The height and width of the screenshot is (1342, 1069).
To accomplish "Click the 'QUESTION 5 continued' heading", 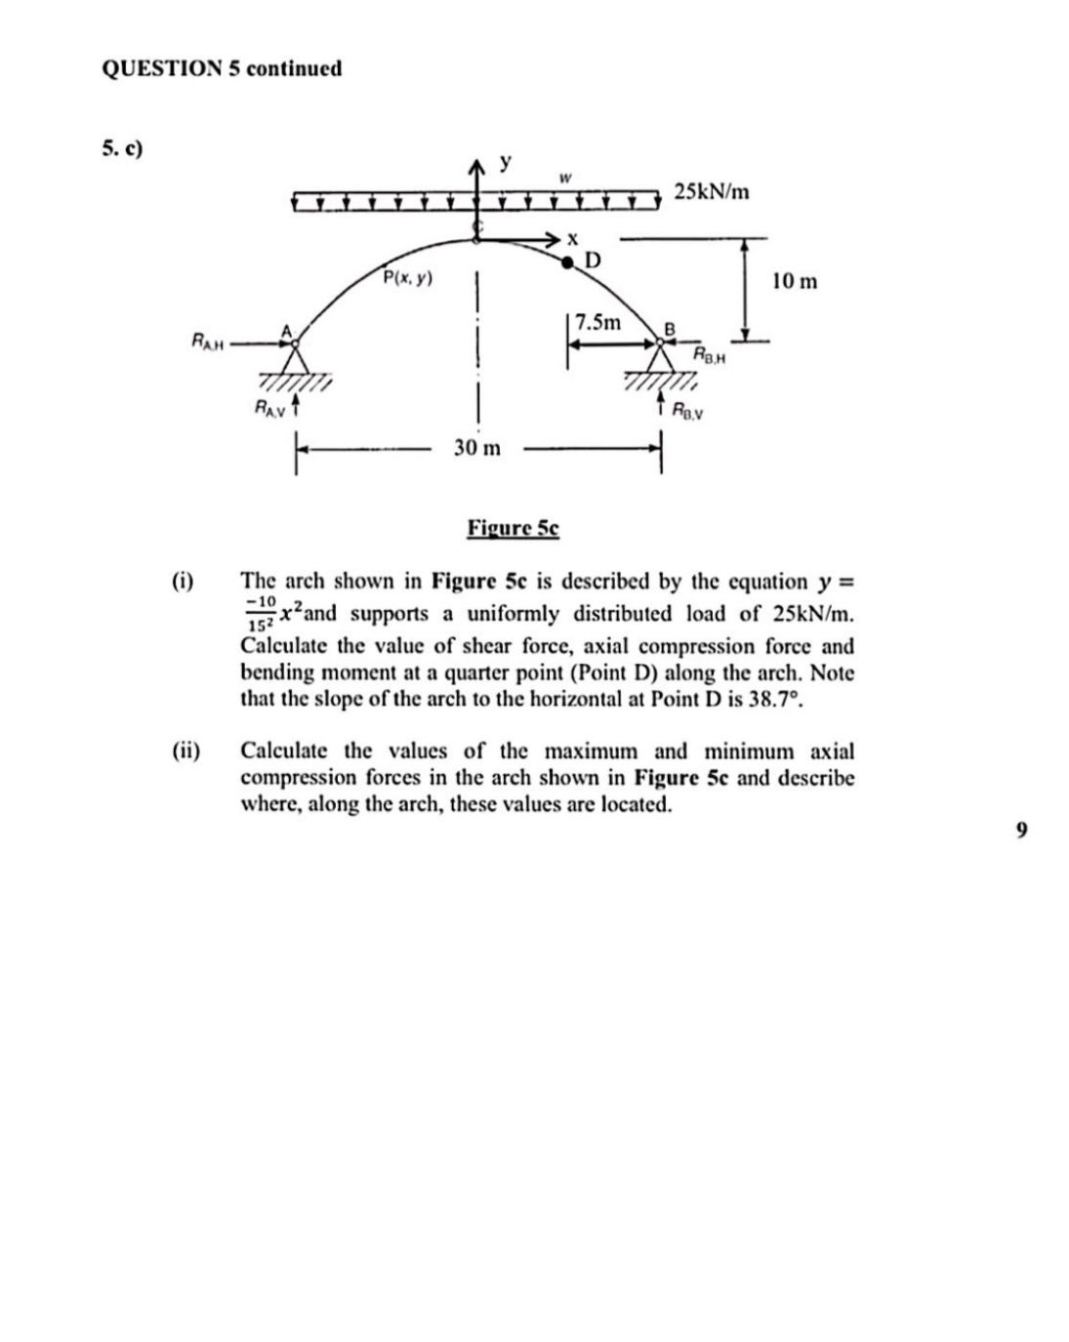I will pos(222,68).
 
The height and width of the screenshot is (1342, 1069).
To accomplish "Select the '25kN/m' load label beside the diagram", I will pos(712,191).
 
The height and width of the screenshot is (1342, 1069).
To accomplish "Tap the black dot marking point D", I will pos(567,262).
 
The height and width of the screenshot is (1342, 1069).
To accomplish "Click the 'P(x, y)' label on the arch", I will pos(408,278).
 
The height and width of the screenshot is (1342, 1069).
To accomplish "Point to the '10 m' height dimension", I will pos(794,282).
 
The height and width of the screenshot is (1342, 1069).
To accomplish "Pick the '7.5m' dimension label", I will pos(597,322).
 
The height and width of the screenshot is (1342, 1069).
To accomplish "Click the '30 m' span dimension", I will pos(476,448).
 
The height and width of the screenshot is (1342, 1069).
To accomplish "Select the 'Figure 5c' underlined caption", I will pos(513,528).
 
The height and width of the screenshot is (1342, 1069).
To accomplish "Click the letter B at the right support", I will pos(670,329).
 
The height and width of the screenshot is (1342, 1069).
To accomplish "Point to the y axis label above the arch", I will pos(505,161).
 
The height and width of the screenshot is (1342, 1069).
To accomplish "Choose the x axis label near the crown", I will pos(573,237).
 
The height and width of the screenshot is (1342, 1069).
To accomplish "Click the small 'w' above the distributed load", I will pos(564,178).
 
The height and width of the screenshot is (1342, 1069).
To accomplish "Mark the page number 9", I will pos(1020,830).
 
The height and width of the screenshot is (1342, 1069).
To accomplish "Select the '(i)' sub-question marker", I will pos(183,582).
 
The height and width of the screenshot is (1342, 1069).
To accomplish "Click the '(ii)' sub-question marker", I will pos(185,752).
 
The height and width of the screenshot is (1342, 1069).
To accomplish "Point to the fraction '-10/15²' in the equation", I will pos(262,613).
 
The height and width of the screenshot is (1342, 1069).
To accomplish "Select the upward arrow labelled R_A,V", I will pos(295,405).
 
